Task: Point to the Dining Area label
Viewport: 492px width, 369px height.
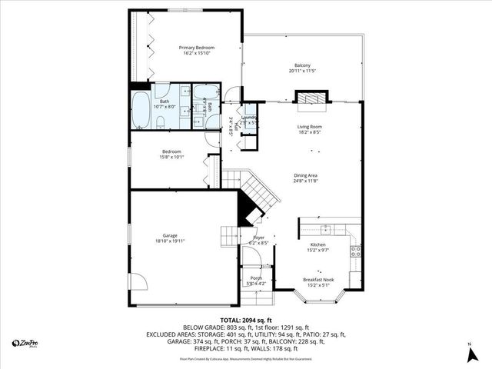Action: point(306,175)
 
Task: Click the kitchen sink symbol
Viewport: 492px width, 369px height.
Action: point(326,228)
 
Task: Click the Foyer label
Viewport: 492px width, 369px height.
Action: point(258,238)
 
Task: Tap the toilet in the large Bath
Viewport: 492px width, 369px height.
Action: point(158,122)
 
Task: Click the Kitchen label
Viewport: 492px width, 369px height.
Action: point(318,244)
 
